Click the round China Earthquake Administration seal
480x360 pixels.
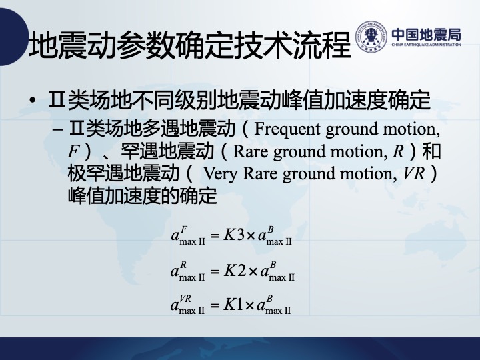371,37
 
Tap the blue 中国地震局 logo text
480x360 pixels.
426,35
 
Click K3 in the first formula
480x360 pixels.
234,235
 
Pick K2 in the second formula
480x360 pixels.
235,271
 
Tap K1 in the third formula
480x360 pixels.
233,305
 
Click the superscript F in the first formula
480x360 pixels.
184,229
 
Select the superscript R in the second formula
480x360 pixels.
183,265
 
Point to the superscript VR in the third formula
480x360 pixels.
185,299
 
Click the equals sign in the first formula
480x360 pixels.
215,236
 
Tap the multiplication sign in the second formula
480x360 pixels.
253,271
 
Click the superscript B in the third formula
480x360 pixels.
269,299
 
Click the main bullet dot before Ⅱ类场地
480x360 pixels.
33,101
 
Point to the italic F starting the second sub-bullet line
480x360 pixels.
73,151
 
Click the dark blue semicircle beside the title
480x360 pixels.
12,37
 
